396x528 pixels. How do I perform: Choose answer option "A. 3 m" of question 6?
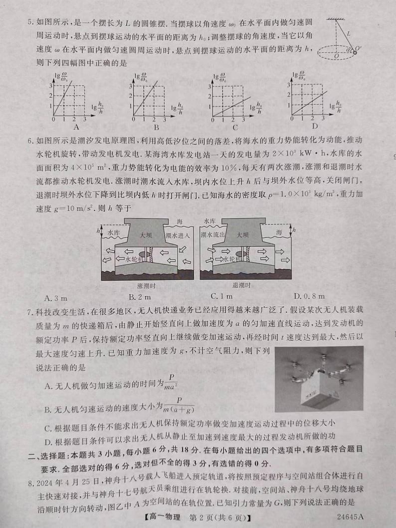click(56, 298)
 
